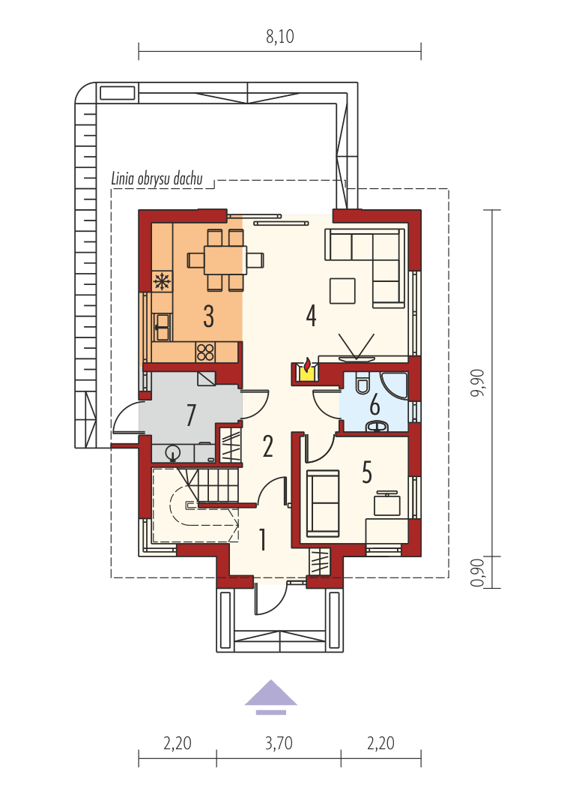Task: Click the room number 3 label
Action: tap(208, 316)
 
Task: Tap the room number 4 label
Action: tap(311, 316)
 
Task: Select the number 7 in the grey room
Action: tap(191, 415)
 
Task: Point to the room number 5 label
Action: tap(367, 472)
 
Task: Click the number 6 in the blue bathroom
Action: tap(375, 405)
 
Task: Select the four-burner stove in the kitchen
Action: tap(206, 351)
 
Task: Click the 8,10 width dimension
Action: tap(279, 37)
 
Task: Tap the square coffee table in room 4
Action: tap(342, 290)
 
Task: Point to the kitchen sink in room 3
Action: tap(162, 323)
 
